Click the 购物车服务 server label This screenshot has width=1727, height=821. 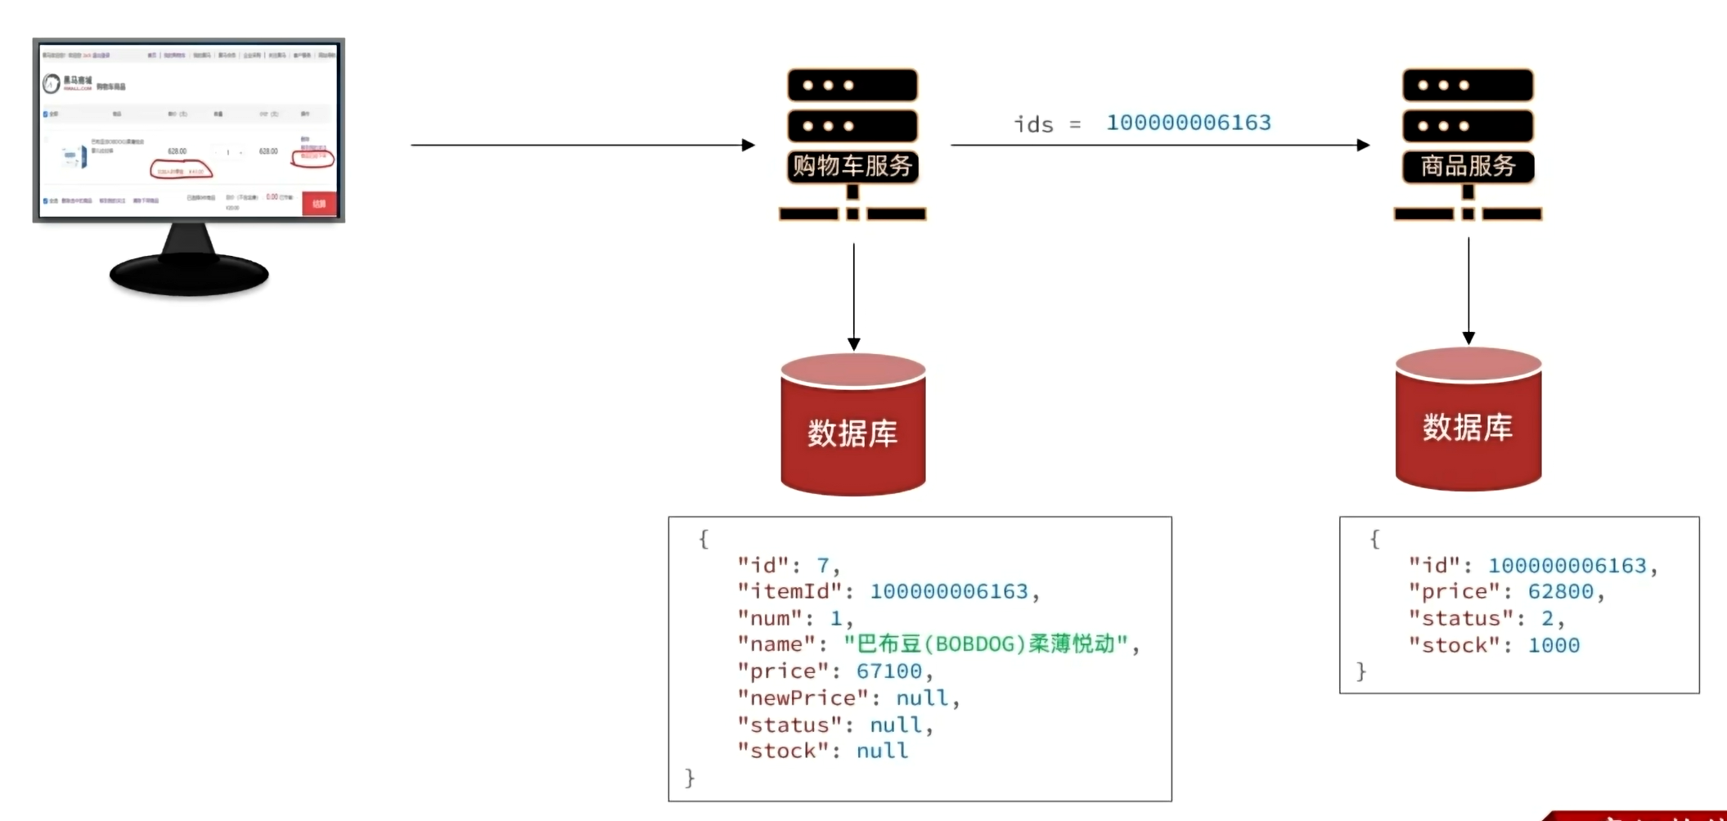point(852,166)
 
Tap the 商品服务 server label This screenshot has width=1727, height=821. point(1468,166)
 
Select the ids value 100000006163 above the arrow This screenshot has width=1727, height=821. point(1189,123)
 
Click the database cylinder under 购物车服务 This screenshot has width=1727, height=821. point(853,425)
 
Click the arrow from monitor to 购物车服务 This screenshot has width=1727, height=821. point(581,146)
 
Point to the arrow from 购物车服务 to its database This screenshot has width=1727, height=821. point(854,294)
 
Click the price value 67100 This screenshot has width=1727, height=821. point(889,671)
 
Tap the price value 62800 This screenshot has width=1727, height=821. point(1561,591)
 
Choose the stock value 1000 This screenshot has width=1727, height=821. point(1554,645)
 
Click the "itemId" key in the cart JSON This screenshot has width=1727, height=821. point(790,591)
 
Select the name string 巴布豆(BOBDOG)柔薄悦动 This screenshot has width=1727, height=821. point(987,644)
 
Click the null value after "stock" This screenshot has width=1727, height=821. point(882,751)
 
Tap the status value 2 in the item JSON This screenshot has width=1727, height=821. point(1547,618)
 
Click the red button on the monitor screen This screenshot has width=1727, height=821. point(319,203)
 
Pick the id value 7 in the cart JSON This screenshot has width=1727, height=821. point(823,565)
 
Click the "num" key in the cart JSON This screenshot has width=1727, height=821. point(770,618)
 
